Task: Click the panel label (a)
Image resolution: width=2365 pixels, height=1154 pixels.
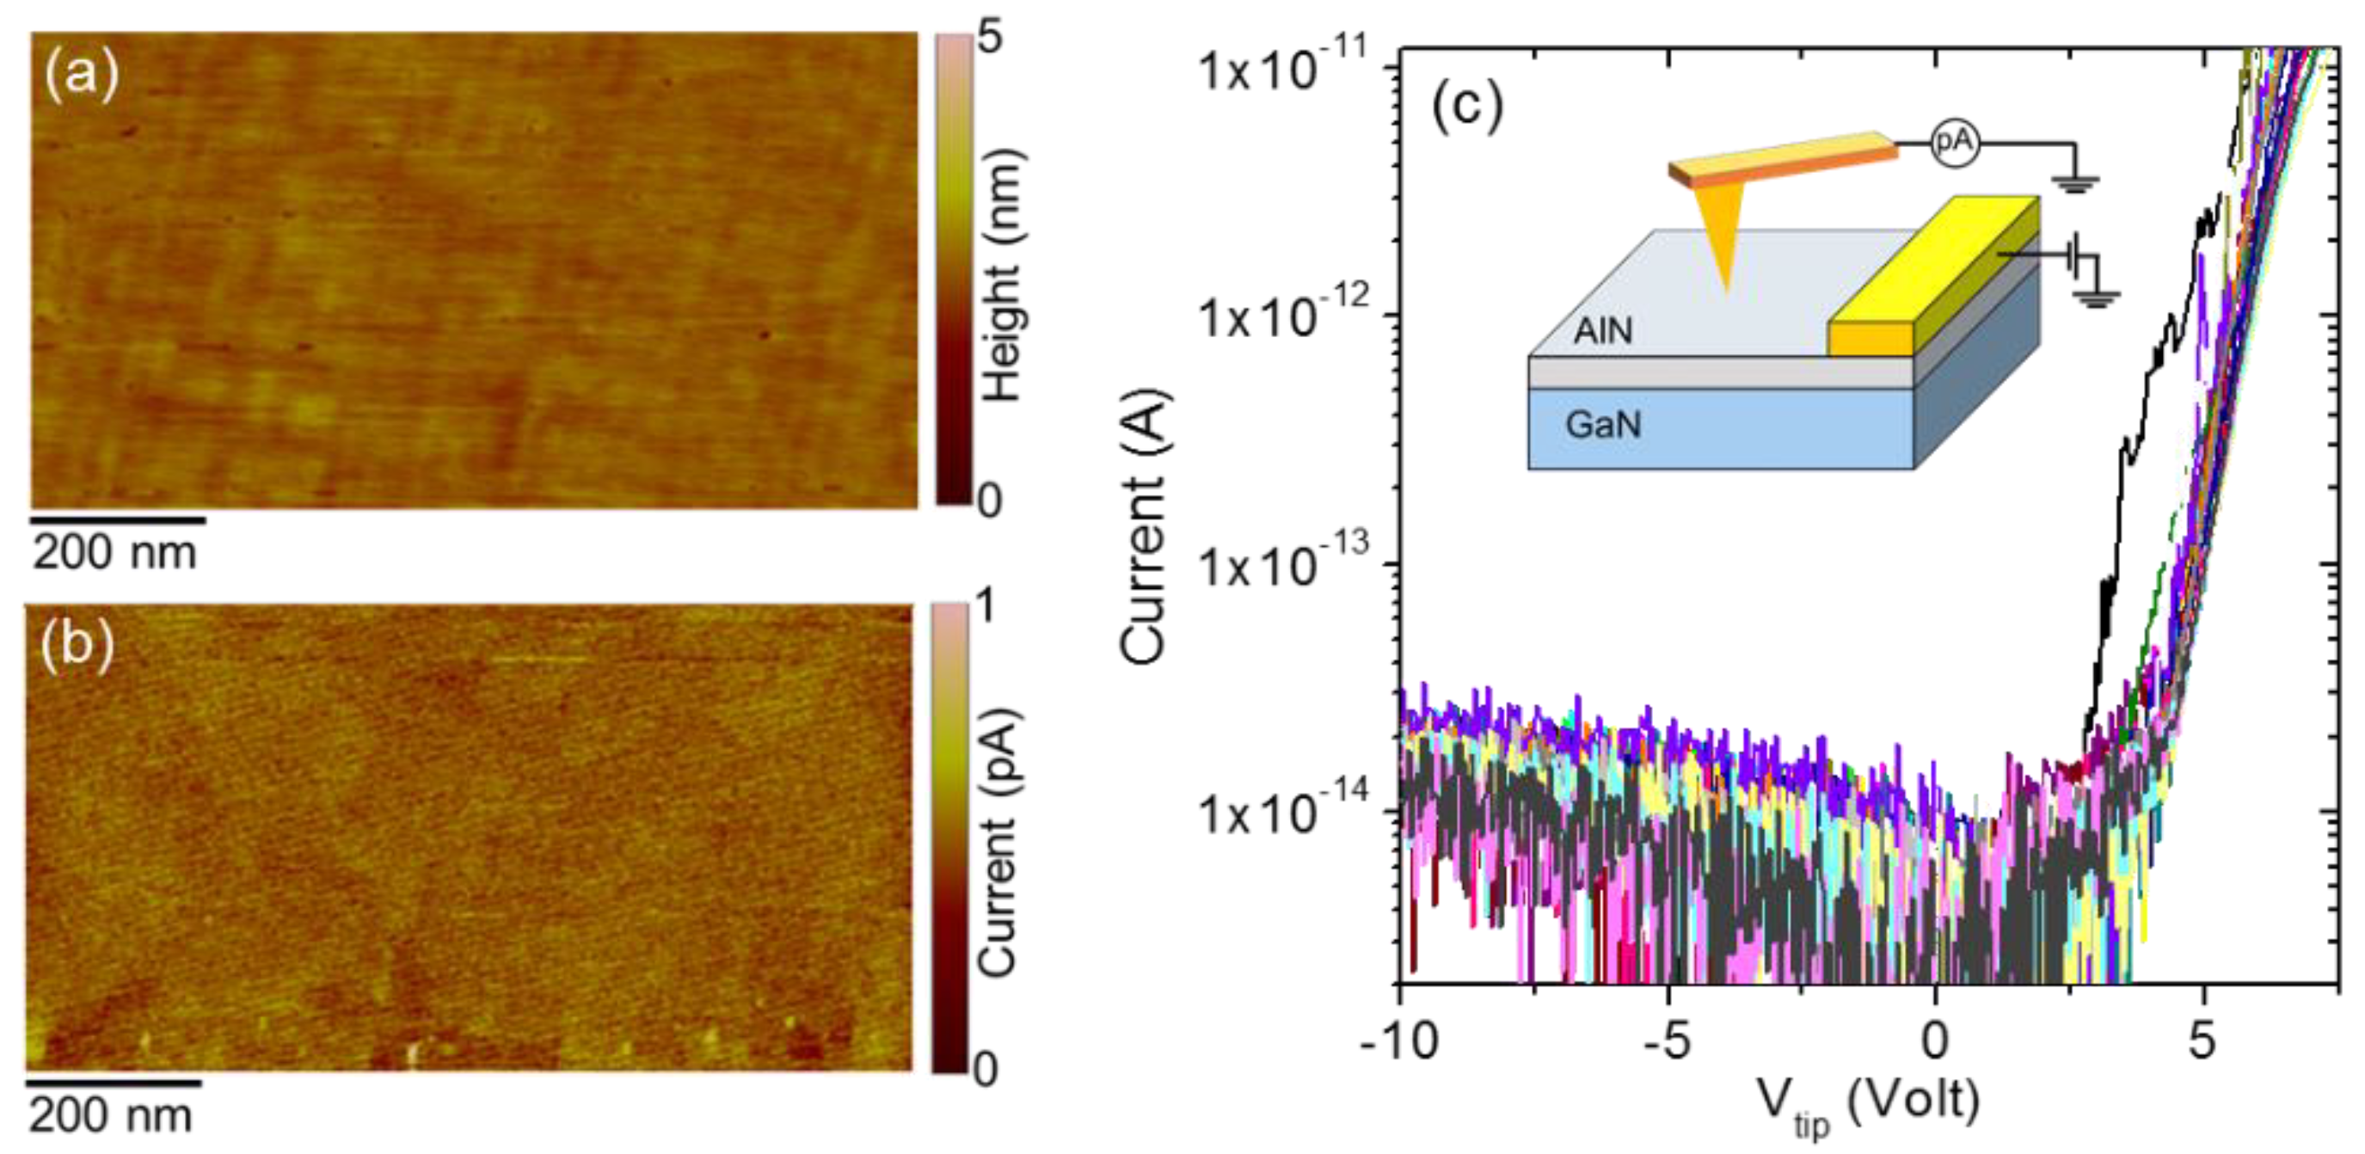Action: click(82, 73)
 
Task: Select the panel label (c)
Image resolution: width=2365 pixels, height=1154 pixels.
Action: click(1467, 107)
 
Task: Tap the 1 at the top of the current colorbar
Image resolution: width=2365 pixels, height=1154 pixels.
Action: click(986, 607)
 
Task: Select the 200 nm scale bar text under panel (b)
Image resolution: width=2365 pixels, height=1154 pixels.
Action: click(111, 1116)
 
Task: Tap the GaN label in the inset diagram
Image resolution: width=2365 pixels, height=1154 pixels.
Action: click(1603, 425)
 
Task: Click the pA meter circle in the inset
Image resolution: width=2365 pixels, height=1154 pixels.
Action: click(1954, 142)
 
